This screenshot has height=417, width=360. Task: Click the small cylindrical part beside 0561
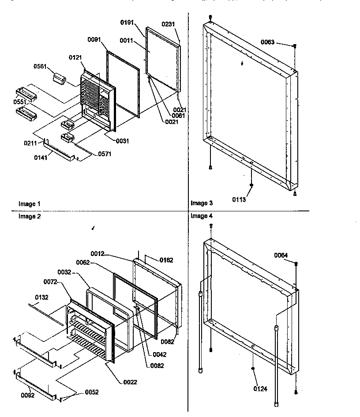(x=59, y=80)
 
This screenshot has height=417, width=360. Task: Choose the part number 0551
(x=22, y=101)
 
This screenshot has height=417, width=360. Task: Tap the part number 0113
(x=239, y=199)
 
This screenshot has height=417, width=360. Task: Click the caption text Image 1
(x=29, y=204)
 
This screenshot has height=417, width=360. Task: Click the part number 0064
(x=281, y=255)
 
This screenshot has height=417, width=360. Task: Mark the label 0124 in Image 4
(x=260, y=389)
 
